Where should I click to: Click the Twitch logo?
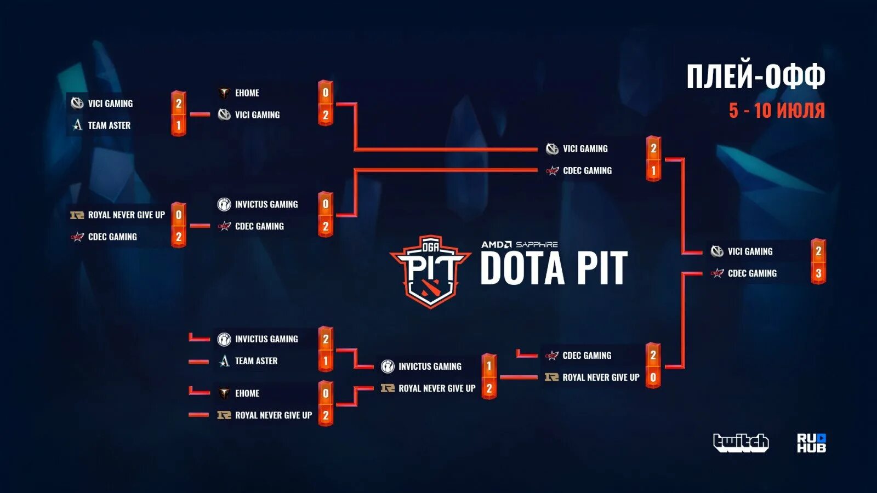click(x=741, y=442)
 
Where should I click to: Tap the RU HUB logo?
click(x=811, y=443)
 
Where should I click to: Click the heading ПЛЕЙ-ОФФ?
click(x=755, y=76)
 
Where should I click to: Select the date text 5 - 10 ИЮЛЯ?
click(x=776, y=111)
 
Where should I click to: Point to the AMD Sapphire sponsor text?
click(x=519, y=244)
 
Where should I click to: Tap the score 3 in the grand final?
click(x=818, y=273)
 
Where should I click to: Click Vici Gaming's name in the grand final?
click(x=750, y=251)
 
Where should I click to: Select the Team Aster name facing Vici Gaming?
click(x=109, y=125)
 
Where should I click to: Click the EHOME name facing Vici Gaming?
click(x=247, y=93)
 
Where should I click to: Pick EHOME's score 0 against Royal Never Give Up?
click(x=326, y=393)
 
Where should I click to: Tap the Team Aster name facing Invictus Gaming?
click(x=256, y=361)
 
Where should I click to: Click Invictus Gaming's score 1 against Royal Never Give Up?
click(x=489, y=366)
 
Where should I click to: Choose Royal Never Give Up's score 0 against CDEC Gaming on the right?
click(x=653, y=377)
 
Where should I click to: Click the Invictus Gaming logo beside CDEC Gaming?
click(x=224, y=204)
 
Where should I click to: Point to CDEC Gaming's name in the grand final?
click(x=752, y=273)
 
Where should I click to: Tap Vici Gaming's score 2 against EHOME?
click(x=326, y=115)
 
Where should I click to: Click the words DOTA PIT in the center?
click(x=554, y=269)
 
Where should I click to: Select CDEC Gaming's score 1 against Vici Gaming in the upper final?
click(x=653, y=171)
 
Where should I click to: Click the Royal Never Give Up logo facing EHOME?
click(x=224, y=415)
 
